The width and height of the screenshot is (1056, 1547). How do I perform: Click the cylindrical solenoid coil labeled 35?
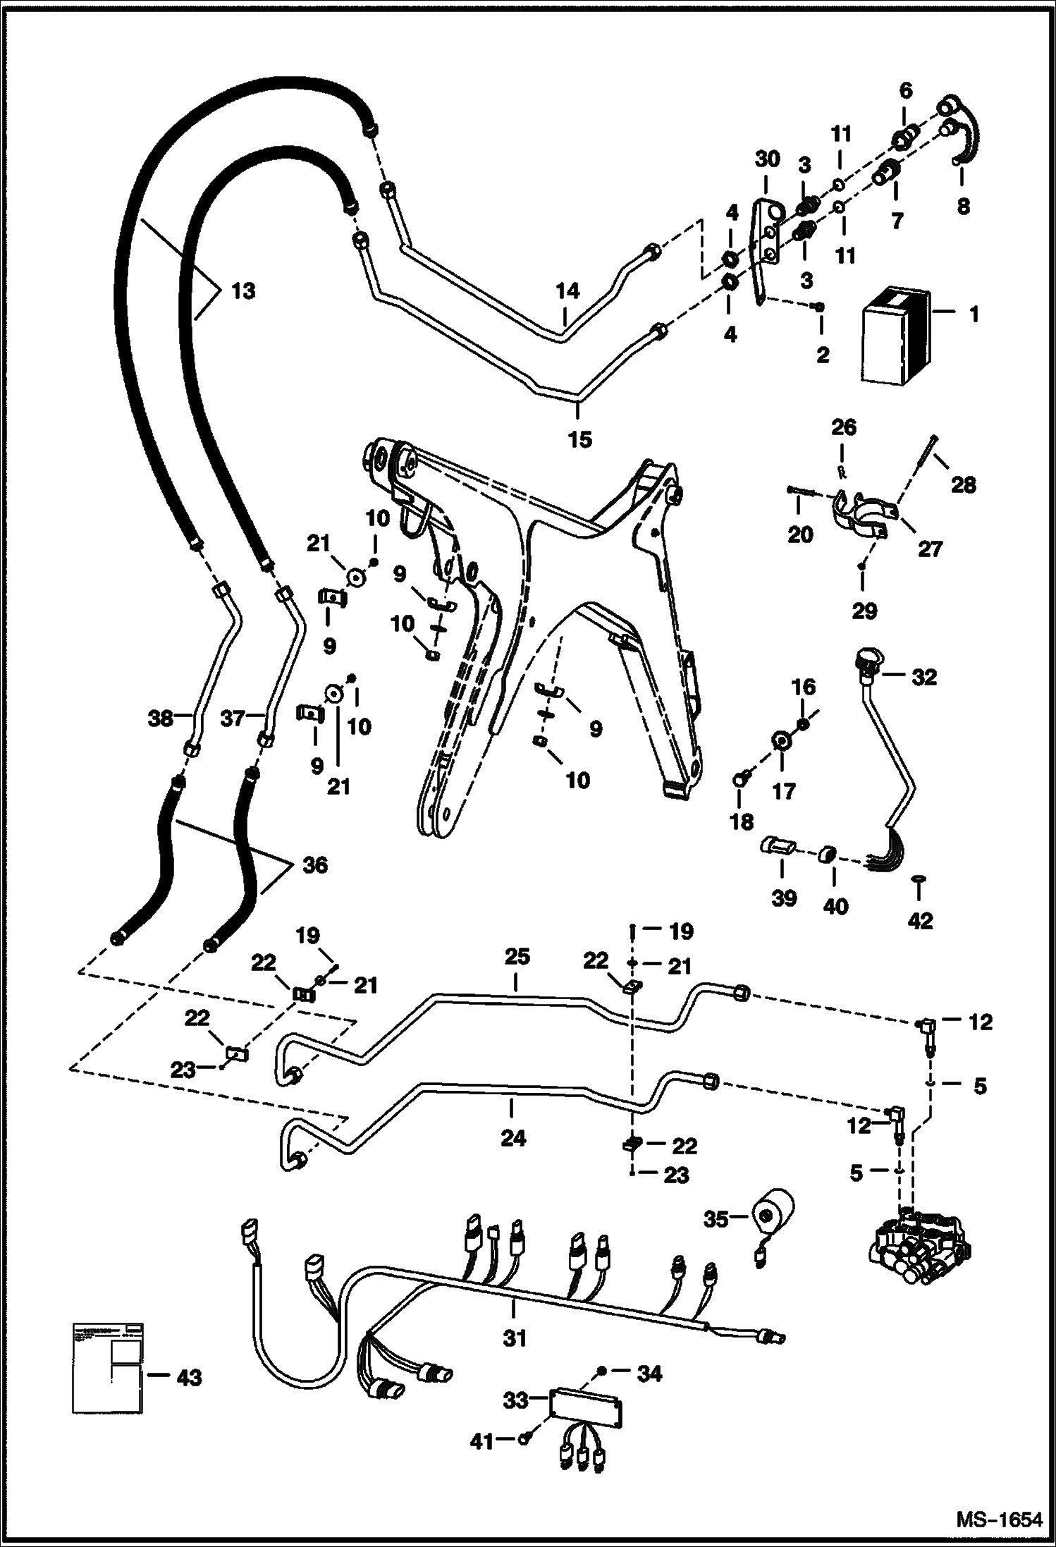pos(772,1218)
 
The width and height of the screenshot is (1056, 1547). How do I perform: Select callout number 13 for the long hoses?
pos(243,291)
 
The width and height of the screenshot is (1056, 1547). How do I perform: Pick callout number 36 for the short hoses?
pos(314,865)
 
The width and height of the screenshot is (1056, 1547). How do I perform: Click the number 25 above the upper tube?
pos(516,957)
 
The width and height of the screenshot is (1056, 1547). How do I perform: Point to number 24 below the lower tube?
pos(512,1137)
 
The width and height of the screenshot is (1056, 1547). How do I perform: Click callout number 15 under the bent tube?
pos(579,439)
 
